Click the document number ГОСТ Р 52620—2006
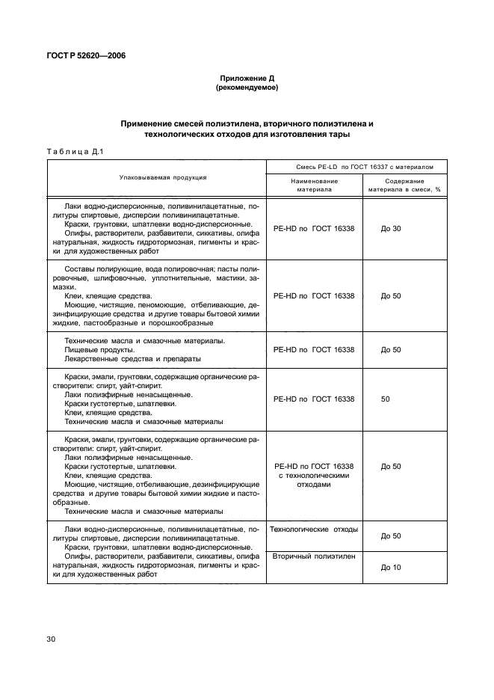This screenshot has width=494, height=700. (82, 54)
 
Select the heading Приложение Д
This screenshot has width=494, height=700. (247, 78)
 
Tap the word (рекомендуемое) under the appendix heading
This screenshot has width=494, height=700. (247, 87)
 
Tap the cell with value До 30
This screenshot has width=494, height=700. (391, 228)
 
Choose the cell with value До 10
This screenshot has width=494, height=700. (391, 567)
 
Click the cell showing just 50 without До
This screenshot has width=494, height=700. (385, 399)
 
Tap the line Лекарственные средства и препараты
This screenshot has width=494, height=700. (123, 359)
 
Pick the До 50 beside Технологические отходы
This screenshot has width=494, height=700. (391, 536)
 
